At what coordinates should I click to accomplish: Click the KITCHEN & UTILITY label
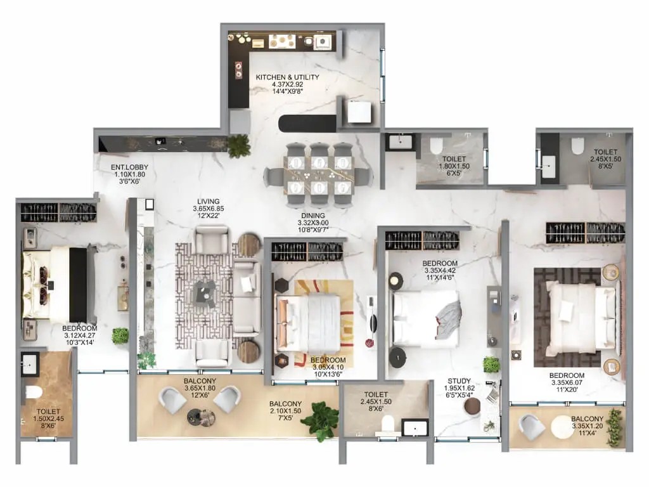(287, 77)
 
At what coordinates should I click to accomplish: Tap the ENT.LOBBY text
(129, 167)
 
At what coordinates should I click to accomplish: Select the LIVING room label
(208, 202)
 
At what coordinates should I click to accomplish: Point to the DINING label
(313, 216)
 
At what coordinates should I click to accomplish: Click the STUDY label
(459, 381)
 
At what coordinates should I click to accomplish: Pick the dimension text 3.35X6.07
(567, 382)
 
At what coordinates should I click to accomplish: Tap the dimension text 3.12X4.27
(79, 335)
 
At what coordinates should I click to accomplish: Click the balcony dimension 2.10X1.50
(285, 411)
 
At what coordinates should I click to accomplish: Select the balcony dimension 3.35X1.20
(587, 425)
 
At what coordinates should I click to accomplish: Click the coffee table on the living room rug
(205, 293)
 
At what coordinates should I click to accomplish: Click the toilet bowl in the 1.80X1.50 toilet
(436, 146)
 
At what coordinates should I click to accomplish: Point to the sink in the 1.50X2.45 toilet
(29, 365)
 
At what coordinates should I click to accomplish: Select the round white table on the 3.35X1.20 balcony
(563, 427)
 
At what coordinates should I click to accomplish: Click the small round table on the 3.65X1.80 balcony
(201, 417)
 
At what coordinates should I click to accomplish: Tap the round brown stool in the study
(472, 406)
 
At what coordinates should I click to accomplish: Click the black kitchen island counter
(307, 124)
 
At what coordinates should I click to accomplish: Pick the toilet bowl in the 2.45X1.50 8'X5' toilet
(577, 146)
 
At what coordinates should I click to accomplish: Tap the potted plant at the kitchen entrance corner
(239, 146)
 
